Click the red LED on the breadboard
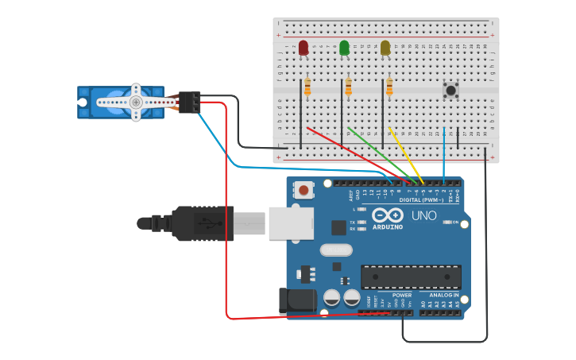click(x=303, y=48)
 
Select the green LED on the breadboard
click(x=344, y=48)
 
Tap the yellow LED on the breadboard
click(x=385, y=48)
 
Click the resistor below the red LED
click(x=307, y=87)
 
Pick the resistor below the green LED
click(x=348, y=87)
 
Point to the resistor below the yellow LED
click(x=389, y=87)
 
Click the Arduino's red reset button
click(x=303, y=190)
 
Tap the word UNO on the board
click(x=423, y=216)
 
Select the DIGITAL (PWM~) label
click(x=421, y=199)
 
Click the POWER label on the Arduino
click(x=402, y=295)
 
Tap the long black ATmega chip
click(x=411, y=277)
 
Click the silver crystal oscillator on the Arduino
click(x=336, y=250)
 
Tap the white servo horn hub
click(x=136, y=102)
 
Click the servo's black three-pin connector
click(x=189, y=102)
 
